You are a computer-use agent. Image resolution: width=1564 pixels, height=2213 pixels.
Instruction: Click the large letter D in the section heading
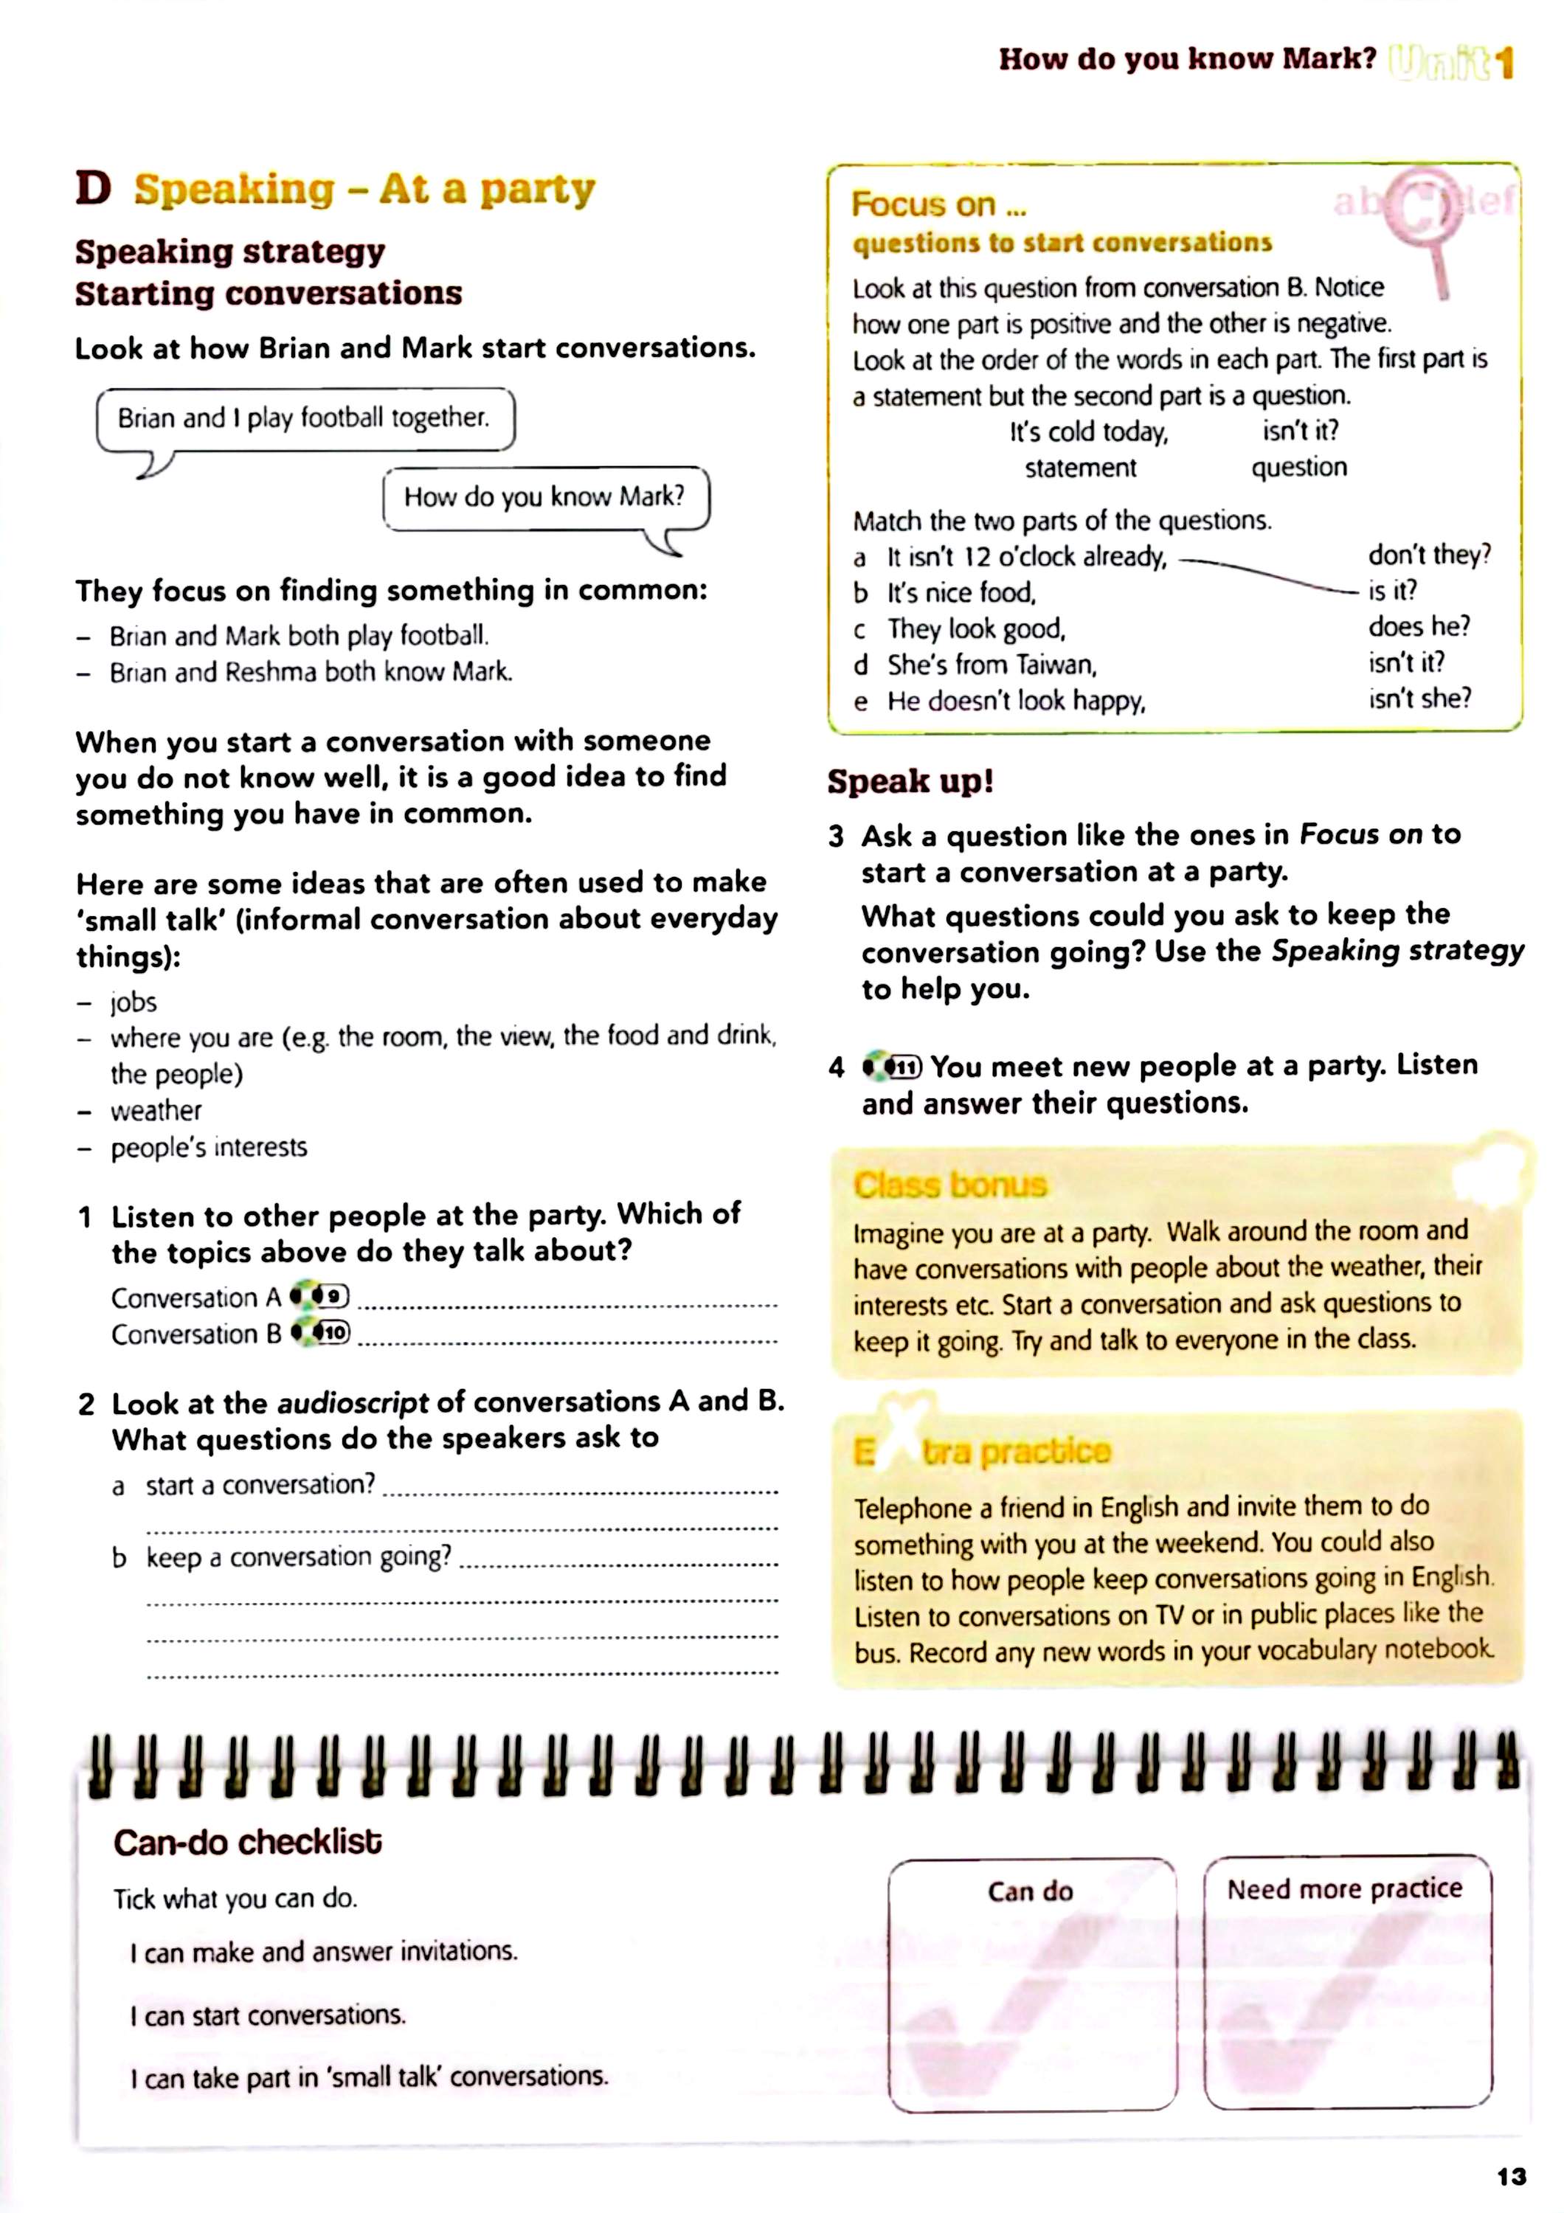click(x=94, y=188)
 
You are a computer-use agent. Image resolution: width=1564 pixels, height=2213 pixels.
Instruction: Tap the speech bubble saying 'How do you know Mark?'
click(x=545, y=497)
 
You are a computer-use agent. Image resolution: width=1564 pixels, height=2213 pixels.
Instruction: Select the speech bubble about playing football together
click(x=305, y=418)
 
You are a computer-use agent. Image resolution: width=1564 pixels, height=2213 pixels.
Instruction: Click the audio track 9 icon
click(x=321, y=1296)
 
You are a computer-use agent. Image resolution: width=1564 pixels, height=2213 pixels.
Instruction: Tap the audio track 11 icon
click(x=893, y=1067)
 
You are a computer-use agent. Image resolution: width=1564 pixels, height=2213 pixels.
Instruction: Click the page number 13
click(x=1511, y=2175)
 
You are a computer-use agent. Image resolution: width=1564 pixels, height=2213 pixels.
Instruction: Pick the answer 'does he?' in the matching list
click(x=1419, y=626)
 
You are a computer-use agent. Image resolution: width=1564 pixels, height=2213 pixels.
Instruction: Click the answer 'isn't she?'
click(x=1419, y=698)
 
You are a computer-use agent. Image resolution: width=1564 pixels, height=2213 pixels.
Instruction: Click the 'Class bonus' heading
click(x=949, y=1184)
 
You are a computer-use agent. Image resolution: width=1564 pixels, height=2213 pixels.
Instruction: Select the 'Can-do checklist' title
click(x=248, y=1842)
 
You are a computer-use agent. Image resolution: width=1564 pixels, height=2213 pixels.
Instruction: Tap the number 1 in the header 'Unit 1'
click(x=1505, y=63)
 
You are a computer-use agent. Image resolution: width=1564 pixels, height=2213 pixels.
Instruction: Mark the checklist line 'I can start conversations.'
click(x=268, y=2015)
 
